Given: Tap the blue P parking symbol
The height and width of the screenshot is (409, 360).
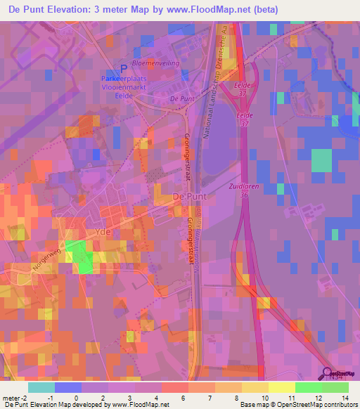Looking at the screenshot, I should tap(124, 68).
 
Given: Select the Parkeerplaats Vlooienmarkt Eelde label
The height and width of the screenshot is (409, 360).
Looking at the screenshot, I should tap(123, 84).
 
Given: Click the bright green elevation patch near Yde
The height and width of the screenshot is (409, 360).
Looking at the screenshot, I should tap(83, 257).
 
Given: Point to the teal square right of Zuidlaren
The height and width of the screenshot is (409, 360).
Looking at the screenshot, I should tap(321, 160).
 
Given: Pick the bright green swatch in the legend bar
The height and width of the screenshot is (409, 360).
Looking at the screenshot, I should tap(308, 387).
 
